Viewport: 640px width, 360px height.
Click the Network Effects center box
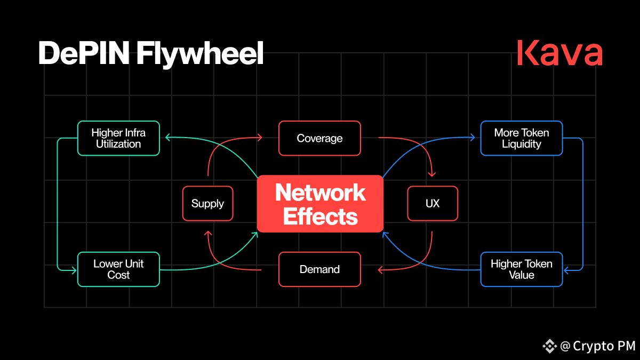tap(320, 204)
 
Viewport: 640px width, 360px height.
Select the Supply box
tap(207, 203)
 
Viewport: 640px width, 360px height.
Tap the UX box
tap(433, 203)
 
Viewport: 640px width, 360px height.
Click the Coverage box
tap(319, 138)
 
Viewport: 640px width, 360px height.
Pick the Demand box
tap(319, 269)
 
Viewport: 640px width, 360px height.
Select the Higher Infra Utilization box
tap(118, 138)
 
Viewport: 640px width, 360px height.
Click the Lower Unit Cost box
tap(118, 269)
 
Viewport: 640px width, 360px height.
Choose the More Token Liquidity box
tap(522, 138)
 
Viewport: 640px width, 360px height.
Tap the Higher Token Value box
tap(522, 269)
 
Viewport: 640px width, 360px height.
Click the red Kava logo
tap(559, 53)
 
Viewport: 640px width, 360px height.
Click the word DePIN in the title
tap(84, 53)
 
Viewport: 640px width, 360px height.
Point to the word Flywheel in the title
tap(199, 54)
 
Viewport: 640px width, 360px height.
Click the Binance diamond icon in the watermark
tap(550, 346)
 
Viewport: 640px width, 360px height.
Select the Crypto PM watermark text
tap(604, 346)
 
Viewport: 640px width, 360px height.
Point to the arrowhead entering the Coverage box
tap(260, 138)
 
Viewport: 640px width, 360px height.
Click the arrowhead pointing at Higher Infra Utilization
tap(168, 138)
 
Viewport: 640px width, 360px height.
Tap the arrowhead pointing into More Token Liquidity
tap(473, 138)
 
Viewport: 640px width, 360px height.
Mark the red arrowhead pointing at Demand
tap(380, 270)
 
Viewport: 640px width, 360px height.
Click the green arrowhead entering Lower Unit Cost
tap(74, 270)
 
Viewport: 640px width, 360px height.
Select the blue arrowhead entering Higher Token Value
tap(567, 270)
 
